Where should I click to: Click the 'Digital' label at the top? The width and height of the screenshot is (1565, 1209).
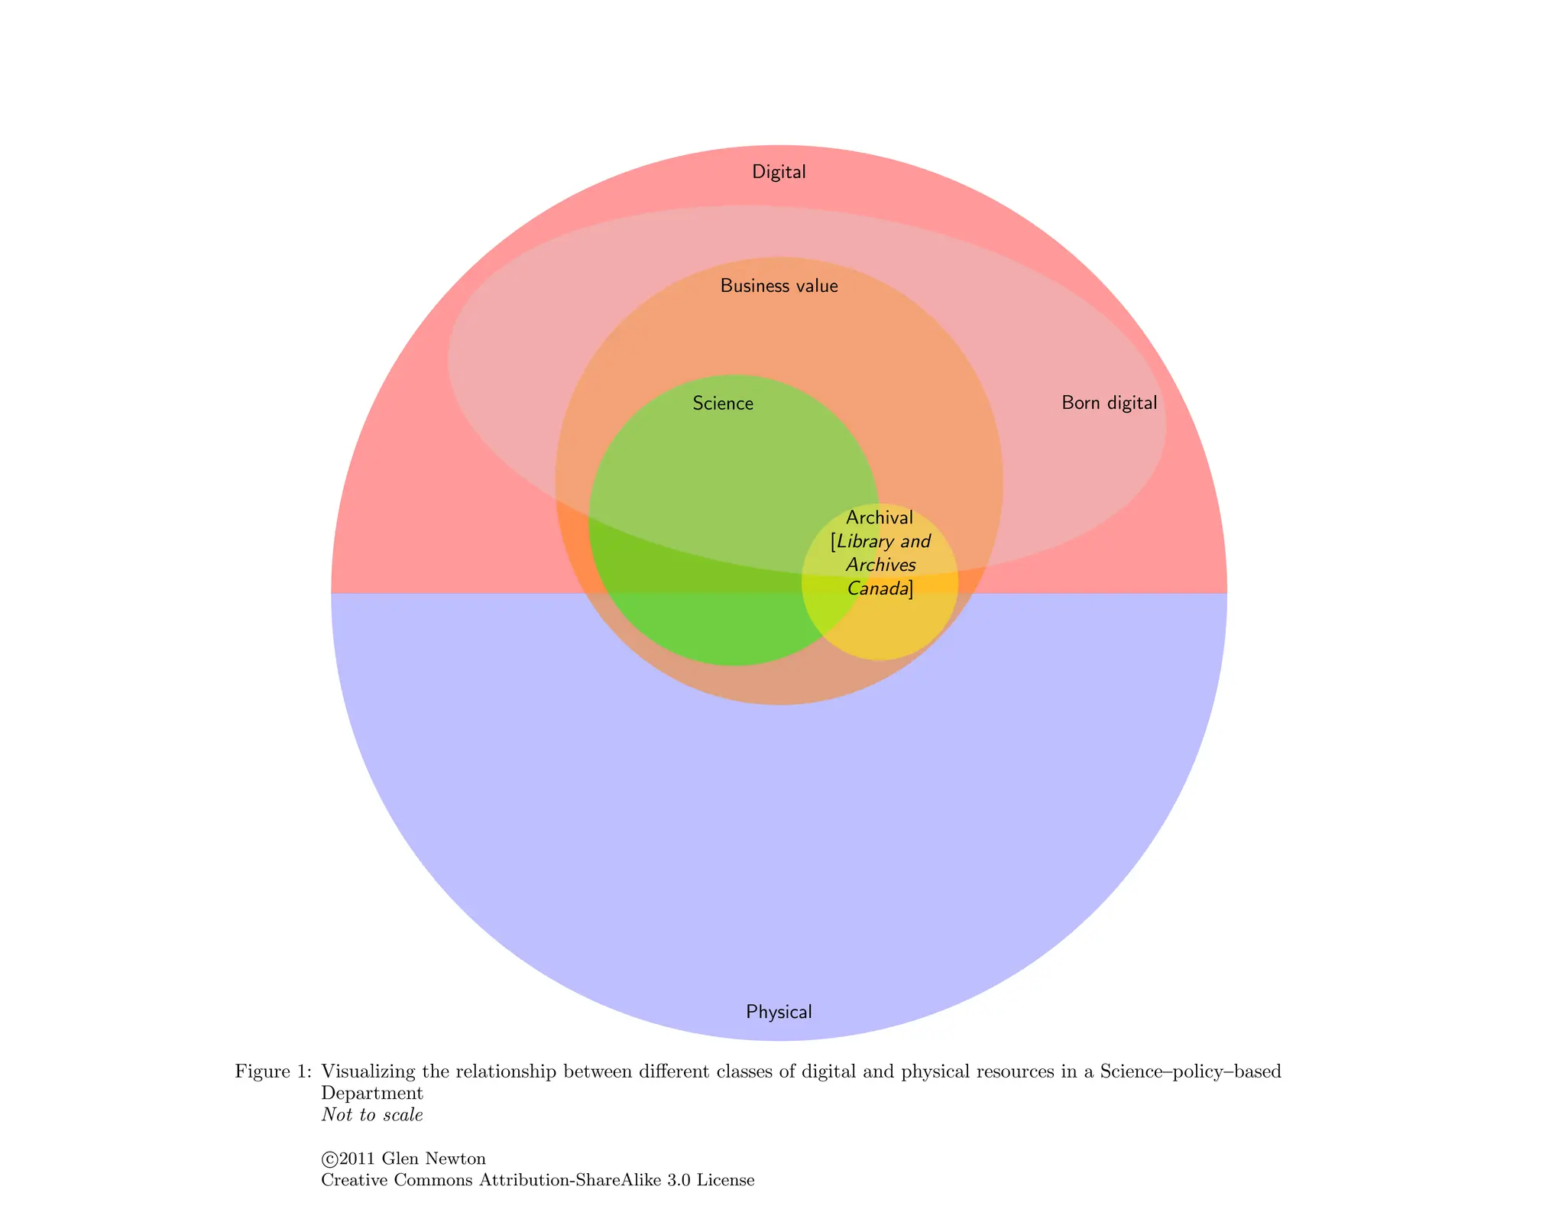point(779,172)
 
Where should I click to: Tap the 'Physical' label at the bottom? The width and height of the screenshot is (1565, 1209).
point(779,1012)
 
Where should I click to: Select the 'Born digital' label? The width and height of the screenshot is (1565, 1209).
point(1109,403)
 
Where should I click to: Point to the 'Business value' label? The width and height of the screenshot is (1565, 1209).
point(779,287)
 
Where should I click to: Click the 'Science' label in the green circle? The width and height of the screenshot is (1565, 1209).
point(723,404)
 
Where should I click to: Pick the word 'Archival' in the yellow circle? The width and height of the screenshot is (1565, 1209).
point(880,518)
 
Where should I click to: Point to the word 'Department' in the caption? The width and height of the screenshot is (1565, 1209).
point(372,1094)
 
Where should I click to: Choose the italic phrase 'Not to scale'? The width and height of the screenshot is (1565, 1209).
point(372,1115)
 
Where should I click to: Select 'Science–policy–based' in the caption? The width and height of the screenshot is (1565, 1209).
point(1191,1071)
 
